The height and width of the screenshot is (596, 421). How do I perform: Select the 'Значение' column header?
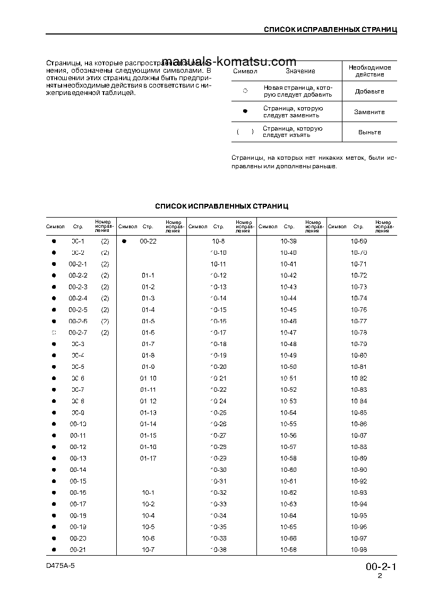coord(300,71)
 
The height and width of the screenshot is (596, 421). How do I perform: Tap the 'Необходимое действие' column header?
coord(370,71)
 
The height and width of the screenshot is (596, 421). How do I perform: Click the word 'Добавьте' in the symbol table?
coord(370,91)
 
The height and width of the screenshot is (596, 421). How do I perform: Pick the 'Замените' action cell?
coord(370,112)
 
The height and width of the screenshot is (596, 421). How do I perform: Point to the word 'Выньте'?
coord(370,132)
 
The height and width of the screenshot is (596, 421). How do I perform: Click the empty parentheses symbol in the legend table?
coord(245,132)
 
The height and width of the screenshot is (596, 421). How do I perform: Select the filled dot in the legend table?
coord(245,111)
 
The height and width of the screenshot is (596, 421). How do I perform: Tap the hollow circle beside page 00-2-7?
coord(54,333)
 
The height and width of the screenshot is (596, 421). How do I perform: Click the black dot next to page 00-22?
coord(124,241)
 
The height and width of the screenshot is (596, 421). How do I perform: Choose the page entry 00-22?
coord(148,241)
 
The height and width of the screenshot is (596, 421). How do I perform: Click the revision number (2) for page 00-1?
coord(105,241)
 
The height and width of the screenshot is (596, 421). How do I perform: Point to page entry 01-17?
coord(148,458)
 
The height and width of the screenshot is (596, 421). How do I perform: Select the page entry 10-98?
coord(359,550)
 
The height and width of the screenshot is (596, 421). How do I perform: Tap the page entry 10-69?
coord(359,241)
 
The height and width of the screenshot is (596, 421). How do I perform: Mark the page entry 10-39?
coord(288,241)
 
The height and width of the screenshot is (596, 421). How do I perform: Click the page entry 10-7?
coord(148,550)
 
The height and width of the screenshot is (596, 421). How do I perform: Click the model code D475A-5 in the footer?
coord(61,566)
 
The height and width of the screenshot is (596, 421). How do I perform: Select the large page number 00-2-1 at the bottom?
coord(381,567)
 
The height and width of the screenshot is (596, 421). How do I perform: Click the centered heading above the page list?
coord(221,205)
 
